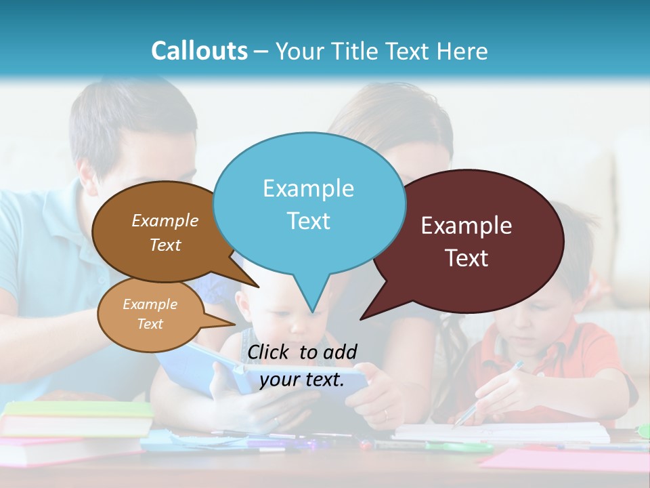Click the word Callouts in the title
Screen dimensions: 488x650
tap(199, 51)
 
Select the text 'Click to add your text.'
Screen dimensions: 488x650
tap(302, 366)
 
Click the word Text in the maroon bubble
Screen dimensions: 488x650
tap(467, 258)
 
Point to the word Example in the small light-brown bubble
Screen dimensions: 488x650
tap(150, 304)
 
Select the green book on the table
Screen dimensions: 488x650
tap(78, 409)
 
